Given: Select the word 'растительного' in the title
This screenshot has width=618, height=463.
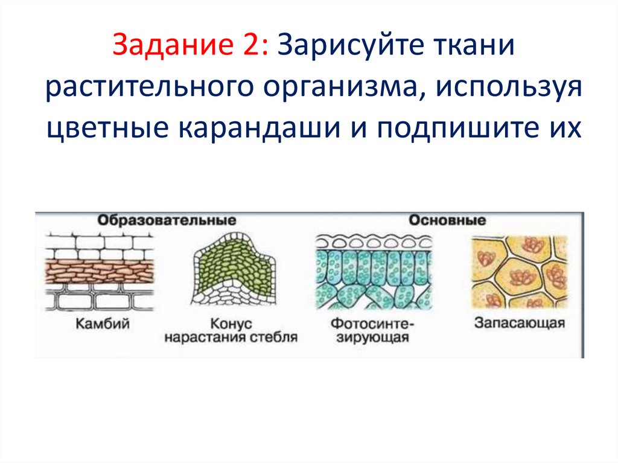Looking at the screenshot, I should click(x=147, y=89).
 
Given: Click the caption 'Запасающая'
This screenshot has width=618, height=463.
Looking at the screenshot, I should click(x=519, y=322).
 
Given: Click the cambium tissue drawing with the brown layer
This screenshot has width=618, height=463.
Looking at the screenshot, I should click(x=100, y=270).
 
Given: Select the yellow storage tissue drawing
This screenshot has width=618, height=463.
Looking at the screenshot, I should click(x=518, y=270).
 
